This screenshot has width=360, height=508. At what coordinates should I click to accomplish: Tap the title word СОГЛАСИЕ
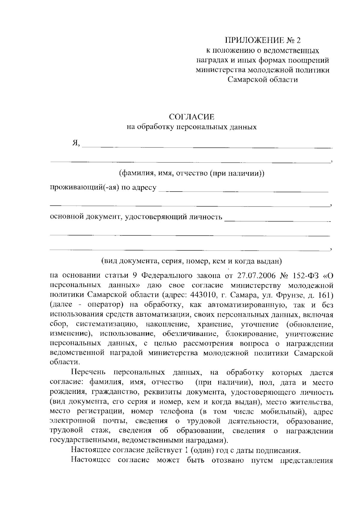point(192,116)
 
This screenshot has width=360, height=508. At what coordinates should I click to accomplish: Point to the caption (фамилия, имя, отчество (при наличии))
point(192,173)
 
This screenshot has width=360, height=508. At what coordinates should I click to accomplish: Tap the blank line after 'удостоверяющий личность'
point(277,220)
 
